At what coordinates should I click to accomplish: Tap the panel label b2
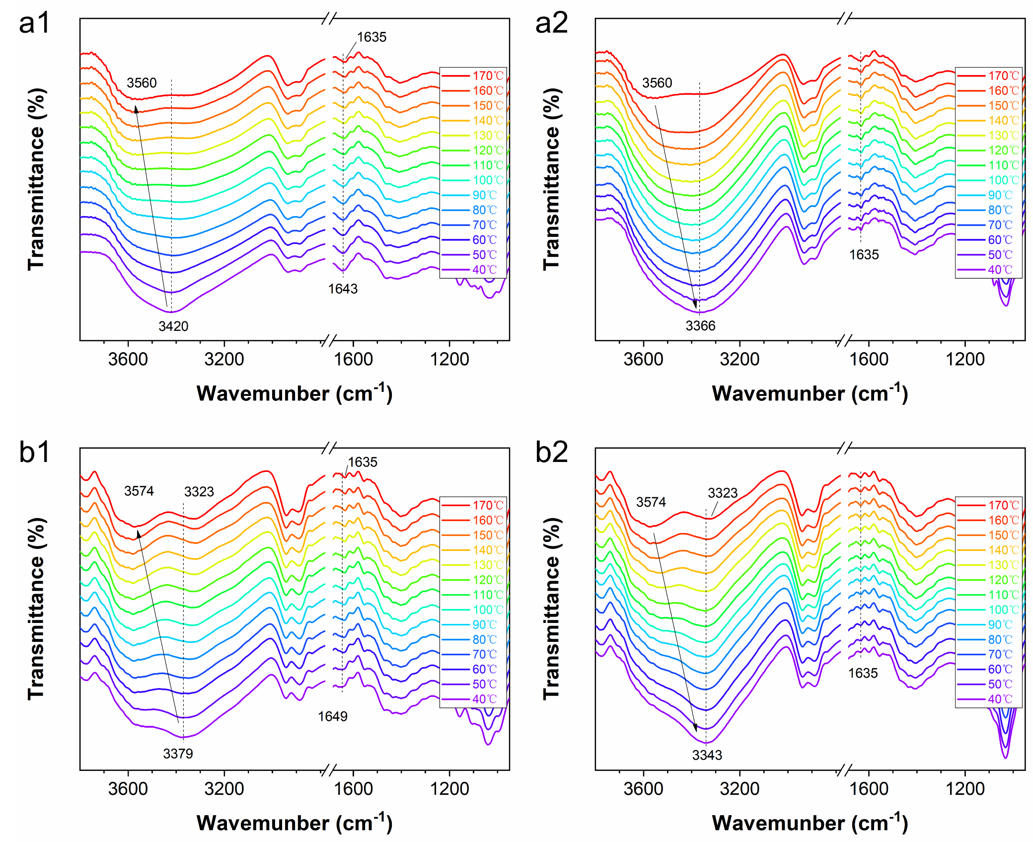tap(551, 452)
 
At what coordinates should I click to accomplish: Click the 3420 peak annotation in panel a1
tap(173, 326)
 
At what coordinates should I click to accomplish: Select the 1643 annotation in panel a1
tap(343, 289)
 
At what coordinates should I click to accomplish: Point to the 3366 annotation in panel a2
tap(700, 325)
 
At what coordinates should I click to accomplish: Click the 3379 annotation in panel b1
tap(178, 754)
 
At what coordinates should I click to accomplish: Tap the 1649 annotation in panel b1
tap(333, 716)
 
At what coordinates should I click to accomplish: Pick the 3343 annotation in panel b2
tap(707, 755)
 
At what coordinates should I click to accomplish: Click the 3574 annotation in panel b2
tap(651, 502)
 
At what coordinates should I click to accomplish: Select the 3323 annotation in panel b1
tap(199, 492)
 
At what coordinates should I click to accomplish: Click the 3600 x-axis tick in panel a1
tap(128, 359)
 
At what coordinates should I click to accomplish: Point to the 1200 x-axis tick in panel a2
tap(965, 359)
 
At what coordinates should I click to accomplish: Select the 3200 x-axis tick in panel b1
tap(224, 788)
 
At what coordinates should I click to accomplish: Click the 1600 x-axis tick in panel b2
tap(869, 788)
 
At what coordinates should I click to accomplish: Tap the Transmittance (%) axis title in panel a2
tap(551, 179)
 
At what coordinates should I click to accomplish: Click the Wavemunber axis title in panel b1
tap(295, 823)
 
